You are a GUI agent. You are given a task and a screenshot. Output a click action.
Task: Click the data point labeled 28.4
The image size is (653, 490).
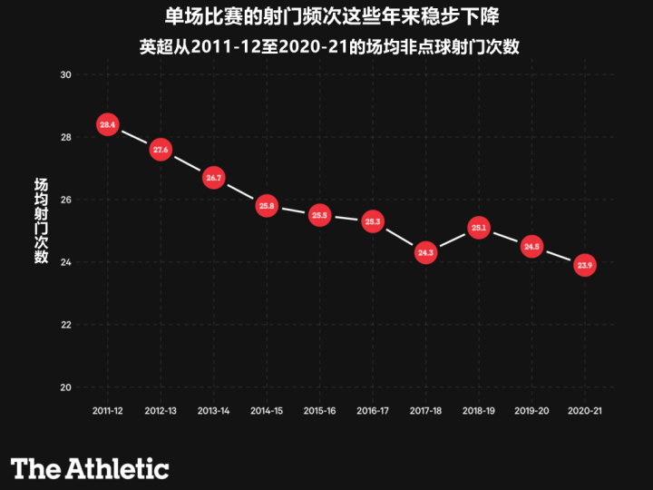click(108, 124)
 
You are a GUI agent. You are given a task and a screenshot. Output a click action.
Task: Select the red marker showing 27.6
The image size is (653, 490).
click(161, 150)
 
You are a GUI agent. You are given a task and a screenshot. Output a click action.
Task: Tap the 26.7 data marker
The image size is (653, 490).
click(214, 178)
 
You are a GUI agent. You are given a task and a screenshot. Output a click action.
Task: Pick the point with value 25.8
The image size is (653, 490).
click(267, 206)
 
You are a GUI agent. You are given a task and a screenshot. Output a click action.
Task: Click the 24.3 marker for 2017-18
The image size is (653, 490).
click(425, 252)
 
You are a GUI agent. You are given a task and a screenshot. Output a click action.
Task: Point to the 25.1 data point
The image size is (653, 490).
click(479, 228)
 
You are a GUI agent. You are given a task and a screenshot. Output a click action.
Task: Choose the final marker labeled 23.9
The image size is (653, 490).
click(585, 265)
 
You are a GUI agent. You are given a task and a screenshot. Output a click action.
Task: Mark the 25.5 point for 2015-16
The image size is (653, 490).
click(319, 215)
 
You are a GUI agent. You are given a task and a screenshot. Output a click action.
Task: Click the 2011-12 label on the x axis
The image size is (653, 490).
click(108, 411)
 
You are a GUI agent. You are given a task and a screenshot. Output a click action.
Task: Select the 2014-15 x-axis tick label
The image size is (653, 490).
click(267, 411)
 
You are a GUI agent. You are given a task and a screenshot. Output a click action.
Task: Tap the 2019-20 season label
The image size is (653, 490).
click(531, 411)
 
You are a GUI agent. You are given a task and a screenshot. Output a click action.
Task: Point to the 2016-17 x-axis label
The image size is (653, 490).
click(373, 411)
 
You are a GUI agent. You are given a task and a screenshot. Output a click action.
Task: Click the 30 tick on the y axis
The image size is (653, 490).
click(65, 74)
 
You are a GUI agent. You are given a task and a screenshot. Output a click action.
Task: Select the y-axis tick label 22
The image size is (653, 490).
click(65, 325)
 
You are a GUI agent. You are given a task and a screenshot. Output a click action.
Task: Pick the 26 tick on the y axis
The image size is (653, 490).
click(65, 200)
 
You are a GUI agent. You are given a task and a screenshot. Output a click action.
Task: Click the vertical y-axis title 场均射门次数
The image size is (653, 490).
click(41, 220)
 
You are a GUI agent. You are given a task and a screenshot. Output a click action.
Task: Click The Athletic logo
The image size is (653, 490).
click(90, 468)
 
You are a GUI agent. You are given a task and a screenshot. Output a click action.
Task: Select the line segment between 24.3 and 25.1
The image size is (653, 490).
click(452, 240)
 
